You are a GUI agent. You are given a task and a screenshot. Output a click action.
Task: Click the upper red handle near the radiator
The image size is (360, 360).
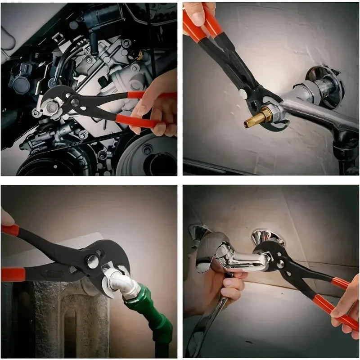pyautogui.click(x=10, y=230)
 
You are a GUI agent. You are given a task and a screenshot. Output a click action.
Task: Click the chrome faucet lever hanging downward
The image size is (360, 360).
pyautogui.click(x=211, y=324)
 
